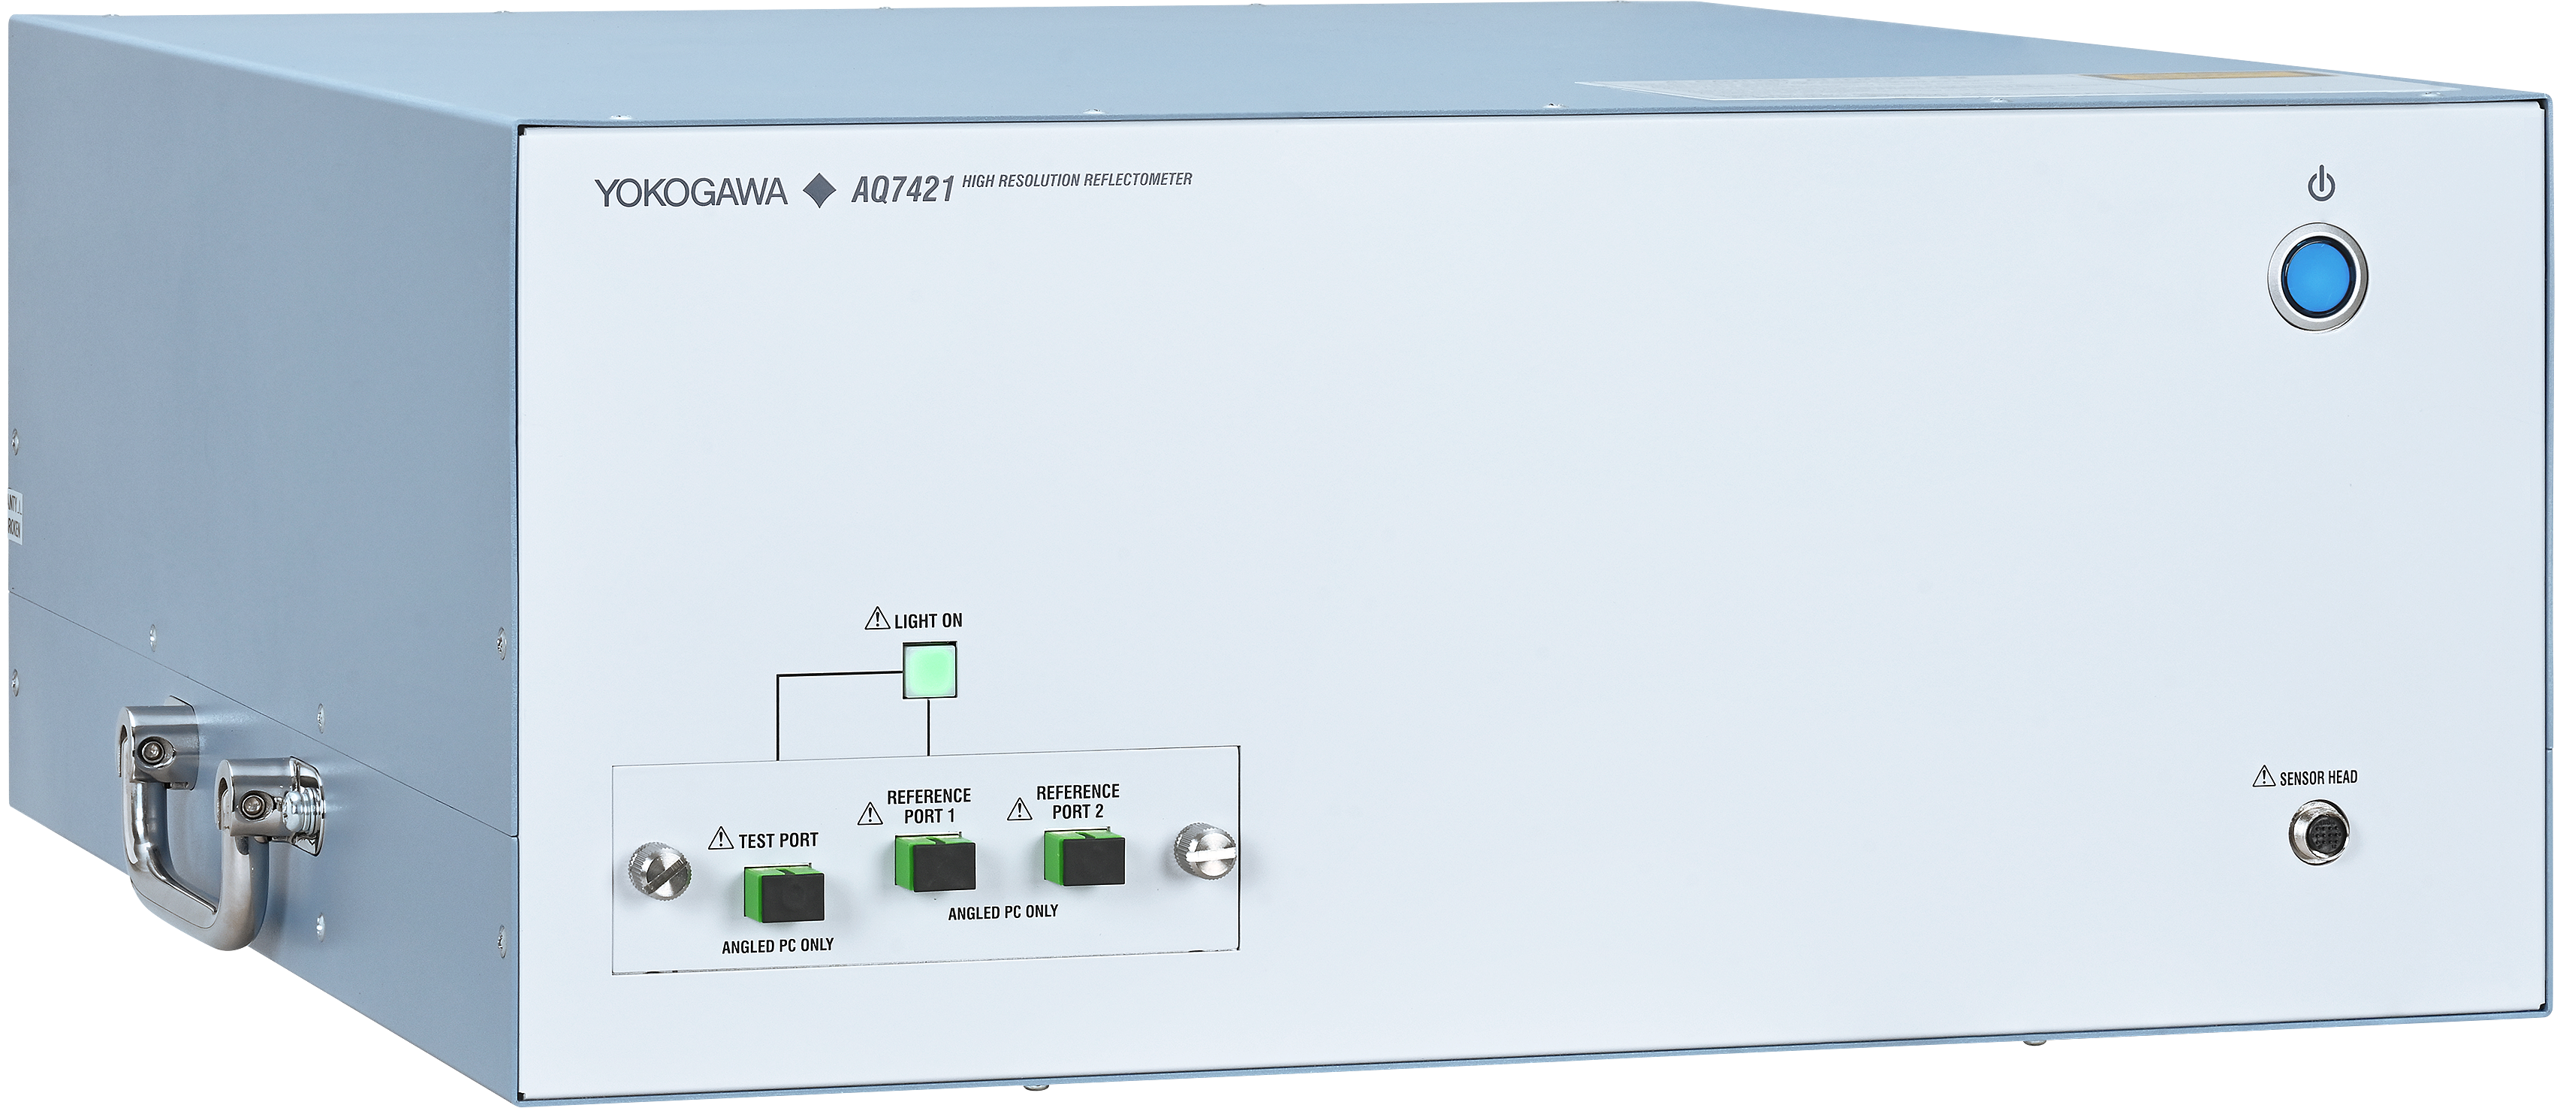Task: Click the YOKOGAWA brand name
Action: coord(690,192)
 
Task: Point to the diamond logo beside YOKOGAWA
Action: coord(819,192)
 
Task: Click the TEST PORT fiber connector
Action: coord(783,892)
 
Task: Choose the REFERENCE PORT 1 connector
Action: coord(934,864)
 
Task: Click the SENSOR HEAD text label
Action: coord(2318,778)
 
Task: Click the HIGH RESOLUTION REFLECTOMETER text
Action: coord(1077,180)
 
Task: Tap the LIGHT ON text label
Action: coord(927,620)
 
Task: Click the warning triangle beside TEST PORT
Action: coord(720,839)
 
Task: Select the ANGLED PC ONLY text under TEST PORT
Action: coord(777,944)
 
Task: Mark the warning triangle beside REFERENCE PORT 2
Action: coord(1019,808)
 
